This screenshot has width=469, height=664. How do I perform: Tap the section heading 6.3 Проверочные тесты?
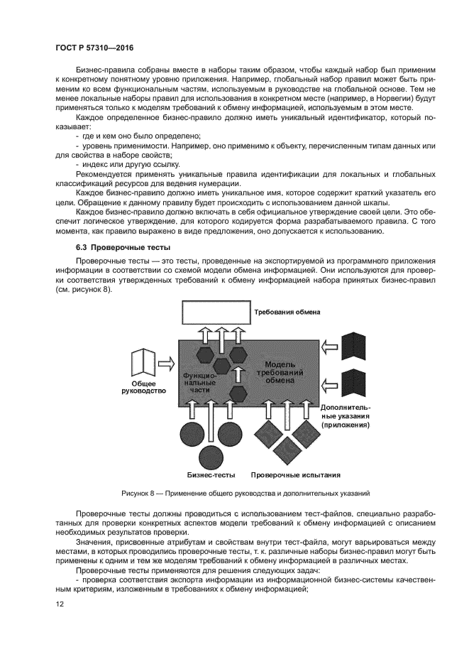tap(123, 248)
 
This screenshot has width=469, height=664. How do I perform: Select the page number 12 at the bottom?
tap(59, 604)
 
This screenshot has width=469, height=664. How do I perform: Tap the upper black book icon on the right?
tap(353, 347)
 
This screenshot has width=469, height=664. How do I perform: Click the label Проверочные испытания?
tap(296, 475)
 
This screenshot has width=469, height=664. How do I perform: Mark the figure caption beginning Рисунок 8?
tap(245, 492)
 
